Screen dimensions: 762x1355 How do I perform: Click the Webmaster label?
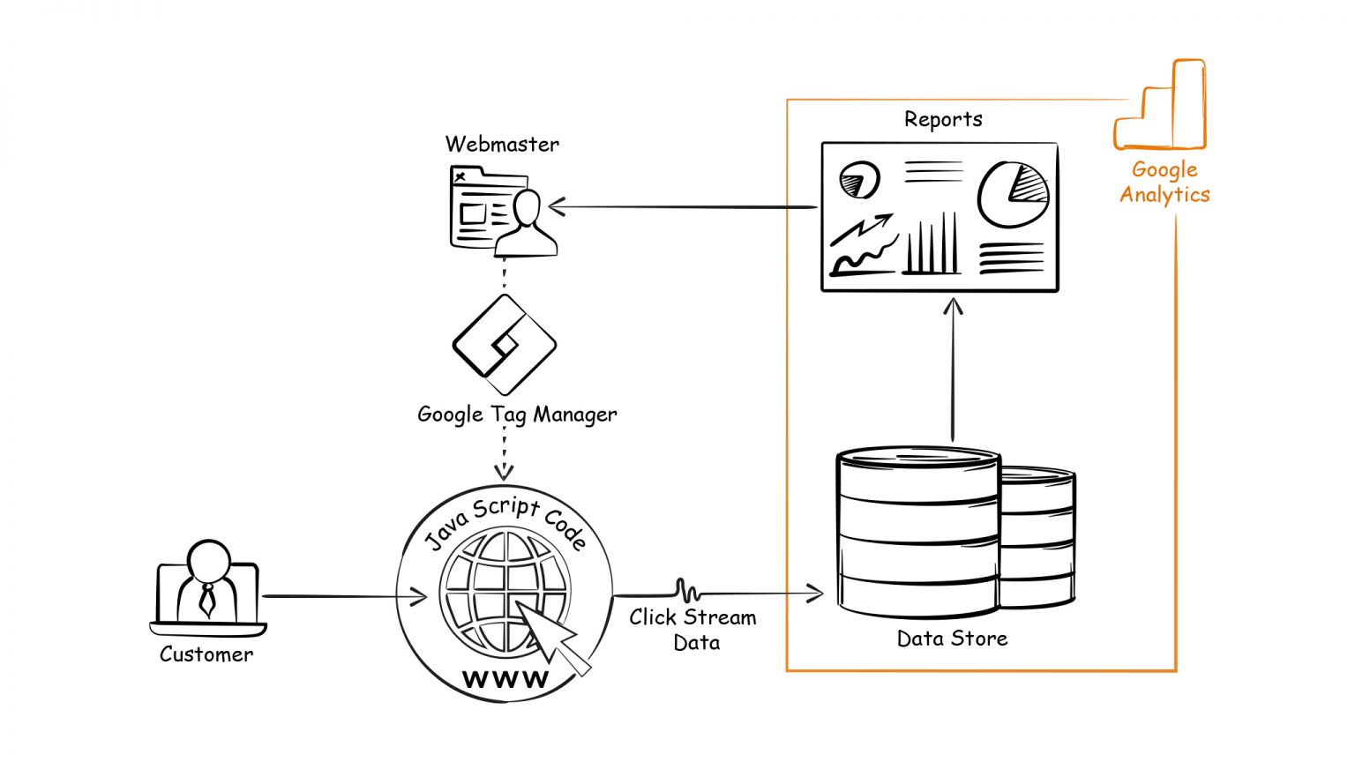(x=502, y=144)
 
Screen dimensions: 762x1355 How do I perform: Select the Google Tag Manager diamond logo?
(x=504, y=345)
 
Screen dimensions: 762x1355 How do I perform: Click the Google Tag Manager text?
(x=517, y=415)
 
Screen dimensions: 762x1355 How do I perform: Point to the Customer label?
(x=206, y=654)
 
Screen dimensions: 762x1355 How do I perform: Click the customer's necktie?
(x=207, y=600)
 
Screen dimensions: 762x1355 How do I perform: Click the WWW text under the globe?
(x=505, y=679)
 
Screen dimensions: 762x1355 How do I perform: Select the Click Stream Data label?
(x=693, y=630)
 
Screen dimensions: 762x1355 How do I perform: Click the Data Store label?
(x=952, y=639)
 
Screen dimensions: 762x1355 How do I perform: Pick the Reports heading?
(x=943, y=120)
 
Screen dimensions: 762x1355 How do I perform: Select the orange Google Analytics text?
(x=1164, y=183)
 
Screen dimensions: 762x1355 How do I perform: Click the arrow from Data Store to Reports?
(x=953, y=370)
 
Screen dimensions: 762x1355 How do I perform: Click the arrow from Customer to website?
(x=344, y=597)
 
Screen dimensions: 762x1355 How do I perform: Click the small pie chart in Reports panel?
(x=859, y=180)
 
